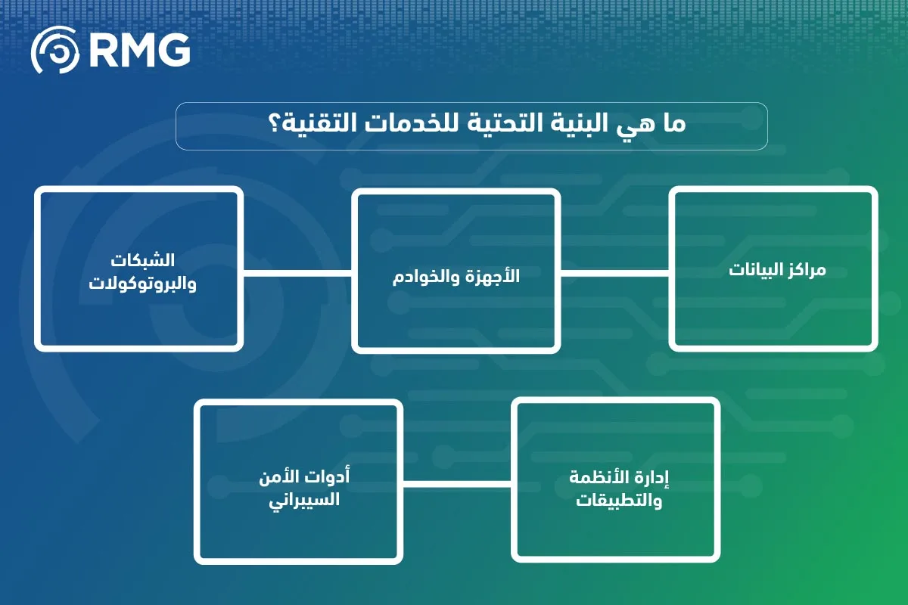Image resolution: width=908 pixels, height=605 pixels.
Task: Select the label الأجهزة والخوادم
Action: (x=456, y=277)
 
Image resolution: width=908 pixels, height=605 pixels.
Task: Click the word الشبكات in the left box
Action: (x=142, y=260)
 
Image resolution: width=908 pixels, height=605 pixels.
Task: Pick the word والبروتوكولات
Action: (x=139, y=284)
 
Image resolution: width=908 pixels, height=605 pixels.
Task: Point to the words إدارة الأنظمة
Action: (x=614, y=477)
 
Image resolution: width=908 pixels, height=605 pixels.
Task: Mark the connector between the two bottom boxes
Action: (x=457, y=482)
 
